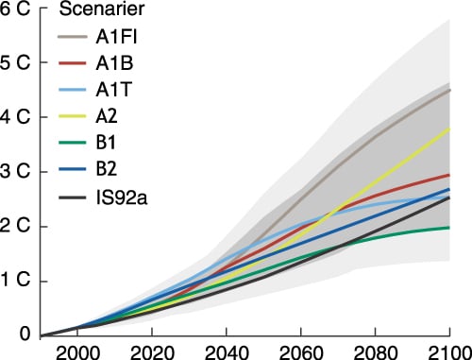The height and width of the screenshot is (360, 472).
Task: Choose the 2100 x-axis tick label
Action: point(447,351)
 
